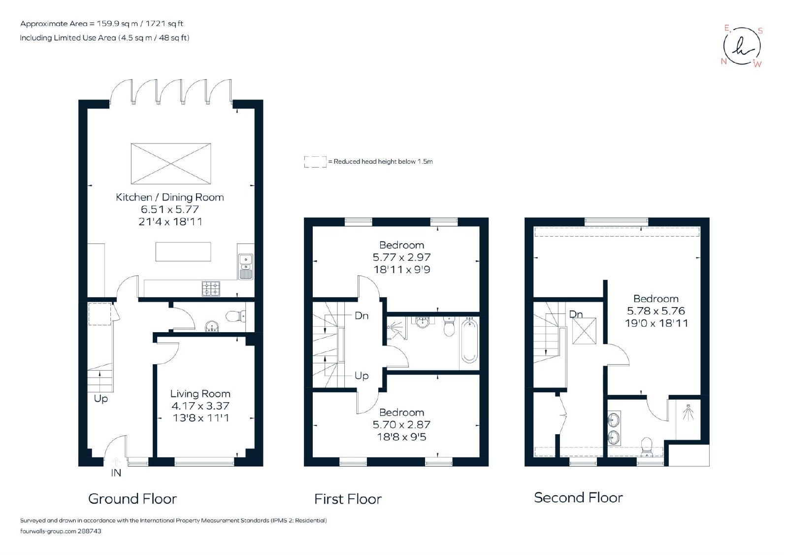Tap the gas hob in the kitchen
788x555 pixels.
pos(211,289)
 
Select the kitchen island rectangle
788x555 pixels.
pos(183,252)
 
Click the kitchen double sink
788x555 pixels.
pos(246,267)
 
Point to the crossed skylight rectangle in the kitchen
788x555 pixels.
pos(171,164)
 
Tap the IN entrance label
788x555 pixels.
pos(116,473)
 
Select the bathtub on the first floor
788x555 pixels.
pos(469,340)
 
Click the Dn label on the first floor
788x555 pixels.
pos(361,315)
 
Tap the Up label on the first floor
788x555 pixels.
pos(361,376)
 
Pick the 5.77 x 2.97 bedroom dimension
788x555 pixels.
pos(402,257)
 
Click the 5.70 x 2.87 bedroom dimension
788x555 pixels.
pos(402,425)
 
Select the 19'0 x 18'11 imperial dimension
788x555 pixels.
pos(657,323)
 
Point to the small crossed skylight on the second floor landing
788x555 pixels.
pos(584,331)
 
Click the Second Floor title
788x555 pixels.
pos(578,498)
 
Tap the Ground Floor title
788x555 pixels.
pos(132,499)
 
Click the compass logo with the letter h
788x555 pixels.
pos(742,46)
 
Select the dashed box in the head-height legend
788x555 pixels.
pos(315,162)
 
